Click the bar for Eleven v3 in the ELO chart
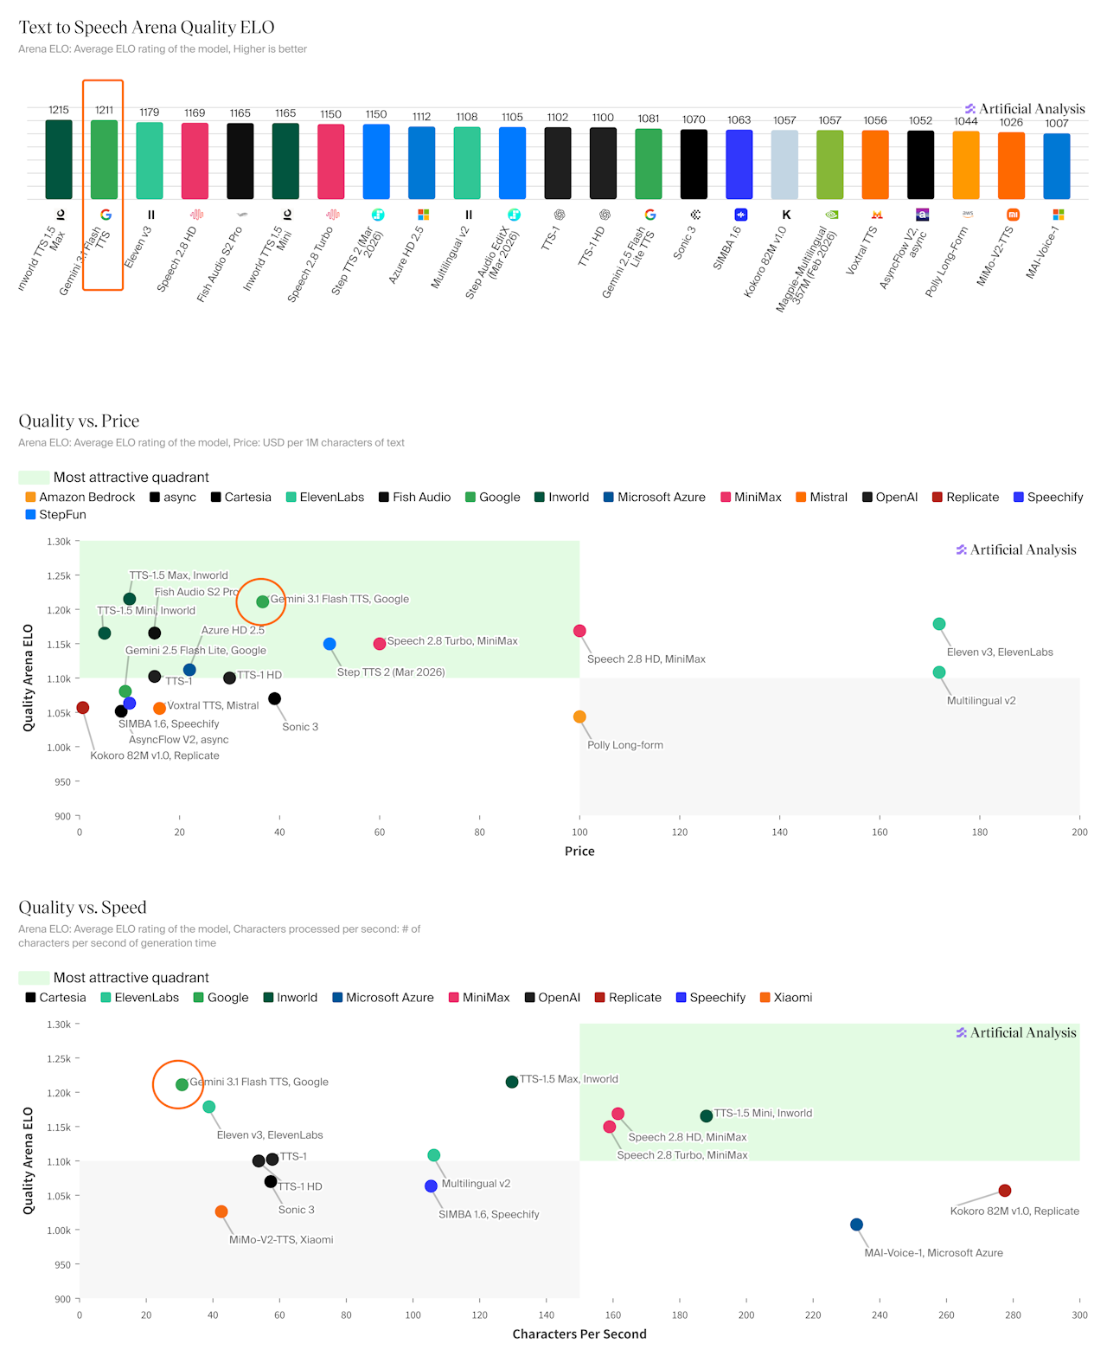(x=150, y=161)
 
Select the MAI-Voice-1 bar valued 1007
(x=1056, y=166)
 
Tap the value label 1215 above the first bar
(x=59, y=110)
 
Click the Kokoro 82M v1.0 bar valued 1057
(x=784, y=164)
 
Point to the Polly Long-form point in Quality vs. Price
(x=579, y=717)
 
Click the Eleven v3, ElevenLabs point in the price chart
(x=939, y=624)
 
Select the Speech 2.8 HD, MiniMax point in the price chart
(x=579, y=631)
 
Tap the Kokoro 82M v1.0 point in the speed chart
(x=1005, y=1191)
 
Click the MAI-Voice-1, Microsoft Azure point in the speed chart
(x=856, y=1224)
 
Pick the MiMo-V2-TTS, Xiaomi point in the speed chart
(x=221, y=1211)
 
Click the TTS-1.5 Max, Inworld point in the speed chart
(x=512, y=1082)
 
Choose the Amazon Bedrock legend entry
(x=80, y=497)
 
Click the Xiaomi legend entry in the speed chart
(x=785, y=997)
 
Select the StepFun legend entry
(x=56, y=514)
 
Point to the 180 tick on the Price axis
(x=979, y=832)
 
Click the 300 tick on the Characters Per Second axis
(x=1079, y=1314)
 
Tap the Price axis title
(x=579, y=851)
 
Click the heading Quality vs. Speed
(x=83, y=907)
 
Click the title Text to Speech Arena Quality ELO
(x=147, y=28)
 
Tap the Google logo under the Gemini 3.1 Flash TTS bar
(x=106, y=215)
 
